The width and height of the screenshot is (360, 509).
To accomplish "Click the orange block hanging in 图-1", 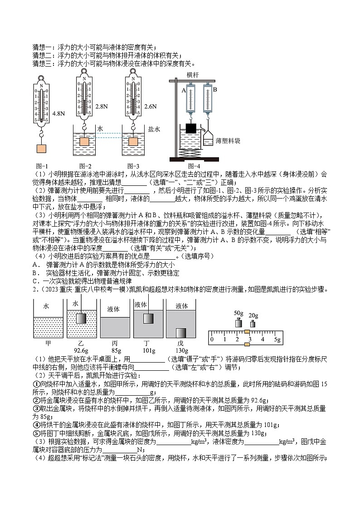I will coord(41,148).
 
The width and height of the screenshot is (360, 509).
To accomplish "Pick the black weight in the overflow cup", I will coord(190,128).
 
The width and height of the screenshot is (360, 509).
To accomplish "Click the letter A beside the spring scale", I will coord(184,90).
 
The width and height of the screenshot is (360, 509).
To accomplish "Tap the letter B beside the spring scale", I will coord(215,90).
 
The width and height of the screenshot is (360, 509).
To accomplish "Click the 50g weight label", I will coord(238,313).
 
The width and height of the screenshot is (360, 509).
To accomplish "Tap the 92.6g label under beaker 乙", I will coord(80,350).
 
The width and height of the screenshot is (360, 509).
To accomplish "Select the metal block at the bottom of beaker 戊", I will coord(181,333).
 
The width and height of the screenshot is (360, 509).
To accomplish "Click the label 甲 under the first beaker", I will coord(48,343).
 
